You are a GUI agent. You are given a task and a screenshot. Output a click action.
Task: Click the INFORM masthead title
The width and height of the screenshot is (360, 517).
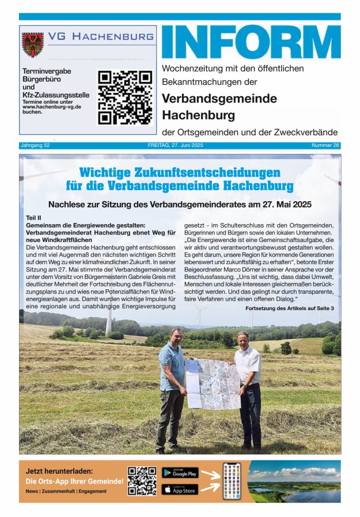251,43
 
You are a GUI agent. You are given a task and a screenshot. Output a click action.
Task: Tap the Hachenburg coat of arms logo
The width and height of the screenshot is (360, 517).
33,44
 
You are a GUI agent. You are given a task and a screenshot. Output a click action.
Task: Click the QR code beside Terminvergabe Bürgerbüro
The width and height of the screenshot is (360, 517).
125,97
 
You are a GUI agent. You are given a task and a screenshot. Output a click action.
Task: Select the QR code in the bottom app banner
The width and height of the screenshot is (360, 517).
142,481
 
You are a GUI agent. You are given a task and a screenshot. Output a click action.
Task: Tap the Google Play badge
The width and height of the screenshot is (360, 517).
180,473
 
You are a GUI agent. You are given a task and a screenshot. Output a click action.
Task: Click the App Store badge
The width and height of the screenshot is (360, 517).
180,489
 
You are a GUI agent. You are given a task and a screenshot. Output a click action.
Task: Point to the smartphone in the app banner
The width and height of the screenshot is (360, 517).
232,481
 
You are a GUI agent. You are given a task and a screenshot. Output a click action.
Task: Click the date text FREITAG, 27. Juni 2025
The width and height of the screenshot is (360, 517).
179,145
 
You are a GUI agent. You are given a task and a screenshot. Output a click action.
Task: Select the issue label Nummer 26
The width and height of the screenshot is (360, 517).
325,145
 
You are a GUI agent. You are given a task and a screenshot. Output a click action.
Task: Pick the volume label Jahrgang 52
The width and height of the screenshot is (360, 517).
35,145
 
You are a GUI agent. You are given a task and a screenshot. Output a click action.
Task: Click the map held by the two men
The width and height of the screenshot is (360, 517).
213,384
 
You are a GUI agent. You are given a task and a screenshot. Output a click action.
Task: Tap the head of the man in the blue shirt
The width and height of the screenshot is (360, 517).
177,335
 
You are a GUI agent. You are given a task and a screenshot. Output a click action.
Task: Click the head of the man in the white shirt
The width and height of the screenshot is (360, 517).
242,338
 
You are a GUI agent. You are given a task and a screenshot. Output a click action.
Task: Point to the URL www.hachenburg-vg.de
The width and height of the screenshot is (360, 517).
51,107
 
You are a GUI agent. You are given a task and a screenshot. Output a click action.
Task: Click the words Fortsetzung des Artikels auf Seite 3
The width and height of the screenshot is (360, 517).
289,309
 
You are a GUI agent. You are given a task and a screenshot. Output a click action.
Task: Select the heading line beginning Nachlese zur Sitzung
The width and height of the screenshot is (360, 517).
180,204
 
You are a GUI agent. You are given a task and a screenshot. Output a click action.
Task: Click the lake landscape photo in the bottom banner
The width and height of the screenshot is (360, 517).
294,481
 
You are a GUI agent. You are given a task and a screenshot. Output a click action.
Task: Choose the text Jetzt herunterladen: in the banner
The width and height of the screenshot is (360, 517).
59,471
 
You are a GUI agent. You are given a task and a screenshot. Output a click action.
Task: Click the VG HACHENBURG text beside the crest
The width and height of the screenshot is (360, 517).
100,36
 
